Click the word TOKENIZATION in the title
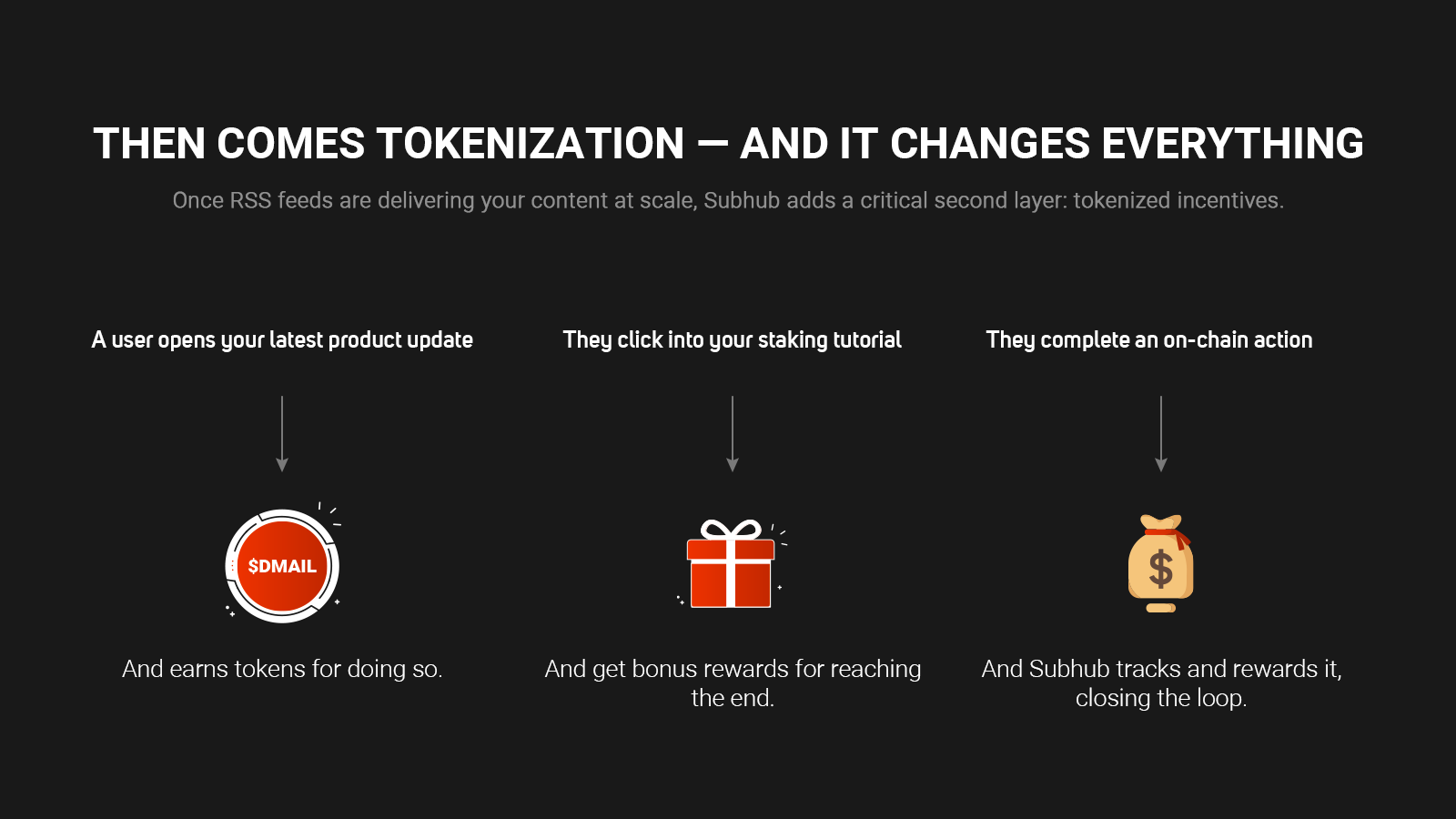[531, 143]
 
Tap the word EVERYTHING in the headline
[1232, 143]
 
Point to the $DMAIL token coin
[282, 565]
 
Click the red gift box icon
[731, 563]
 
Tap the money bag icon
[1161, 563]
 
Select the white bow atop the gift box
[731, 530]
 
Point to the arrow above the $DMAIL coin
[282, 433]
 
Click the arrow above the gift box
[733, 433]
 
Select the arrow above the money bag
[1161, 433]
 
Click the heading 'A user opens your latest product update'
[282, 340]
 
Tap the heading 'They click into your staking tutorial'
[732, 340]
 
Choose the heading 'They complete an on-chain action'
[1149, 340]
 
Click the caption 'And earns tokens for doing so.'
[282, 669]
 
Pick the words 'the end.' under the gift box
[733, 698]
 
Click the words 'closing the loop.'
[1161, 698]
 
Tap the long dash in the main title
[713, 145]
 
